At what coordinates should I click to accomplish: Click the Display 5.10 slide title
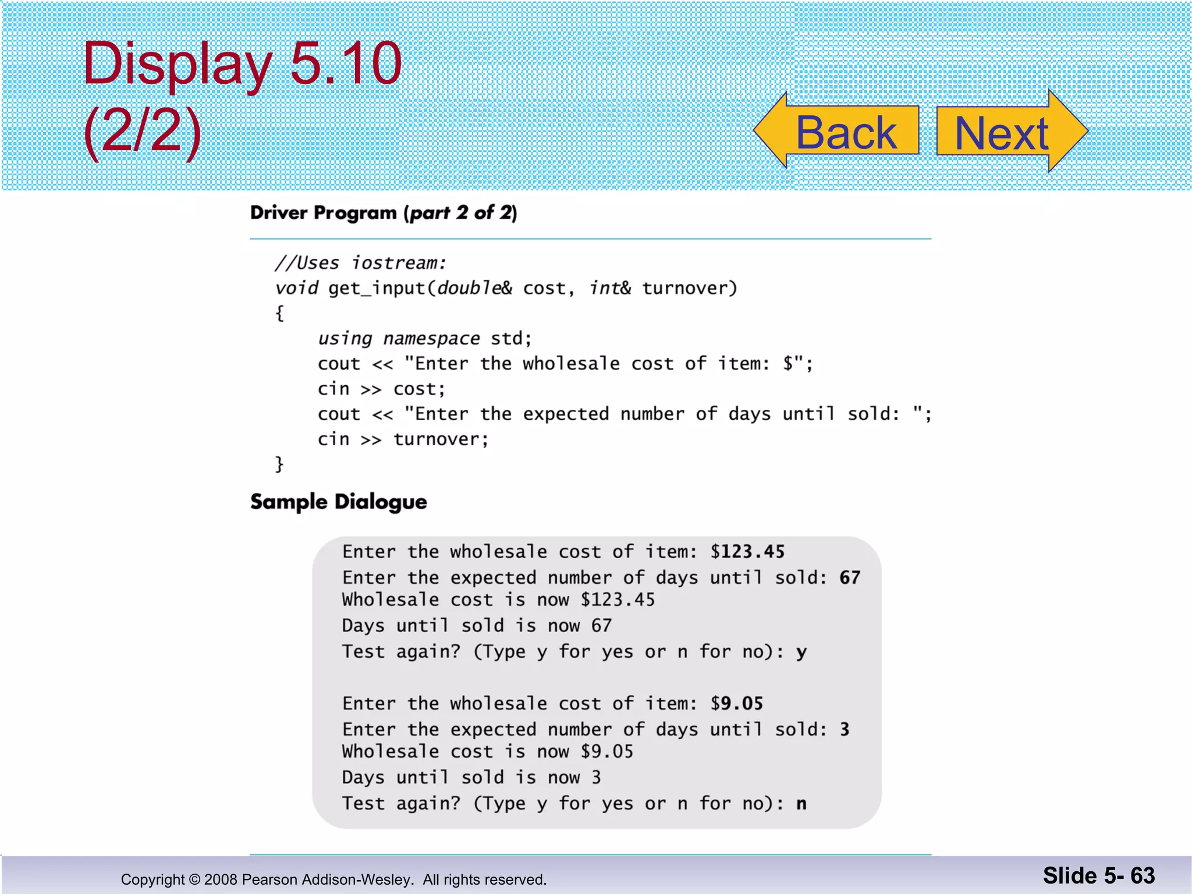pos(242,63)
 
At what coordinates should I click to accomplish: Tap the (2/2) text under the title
pos(142,130)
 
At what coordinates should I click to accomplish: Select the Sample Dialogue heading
pos(338,502)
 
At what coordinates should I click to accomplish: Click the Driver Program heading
pos(383,213)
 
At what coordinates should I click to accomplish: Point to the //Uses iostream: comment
pos(360,263)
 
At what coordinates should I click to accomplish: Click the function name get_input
pos(377,289)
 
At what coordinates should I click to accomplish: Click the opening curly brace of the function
pos(280,314)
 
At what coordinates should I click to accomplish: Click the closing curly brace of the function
pos(280,464)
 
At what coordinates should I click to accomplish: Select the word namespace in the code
pos(431,339)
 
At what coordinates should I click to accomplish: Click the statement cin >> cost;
pos(381,389)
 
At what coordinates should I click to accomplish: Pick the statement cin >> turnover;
pos(403,439)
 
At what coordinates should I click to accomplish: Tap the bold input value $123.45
pos(747,552)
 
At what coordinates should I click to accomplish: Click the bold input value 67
pos(850,577)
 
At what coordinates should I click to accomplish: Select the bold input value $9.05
pos(737,704)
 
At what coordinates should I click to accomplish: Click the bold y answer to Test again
pos(801,652)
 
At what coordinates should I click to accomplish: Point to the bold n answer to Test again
pos(801,804)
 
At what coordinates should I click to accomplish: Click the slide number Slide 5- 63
pos(1098,875)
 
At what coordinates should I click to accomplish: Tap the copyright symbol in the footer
pos(194,879)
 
